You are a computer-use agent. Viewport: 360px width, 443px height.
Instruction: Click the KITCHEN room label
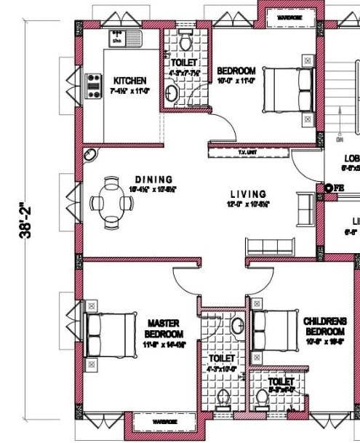coord(130,80)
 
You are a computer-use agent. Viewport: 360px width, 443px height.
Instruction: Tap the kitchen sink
coord(116,37)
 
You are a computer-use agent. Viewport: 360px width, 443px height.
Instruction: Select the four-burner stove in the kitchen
coord(93,86)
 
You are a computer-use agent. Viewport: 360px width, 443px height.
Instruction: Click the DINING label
coord(153,180)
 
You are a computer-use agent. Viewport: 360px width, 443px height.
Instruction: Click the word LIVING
coord(249,194)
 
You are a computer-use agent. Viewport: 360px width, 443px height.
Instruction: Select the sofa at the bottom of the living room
coord(270,244)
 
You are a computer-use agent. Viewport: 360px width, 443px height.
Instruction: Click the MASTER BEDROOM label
coord(164,328)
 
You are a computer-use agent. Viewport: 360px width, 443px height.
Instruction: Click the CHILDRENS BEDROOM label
coord(325,326)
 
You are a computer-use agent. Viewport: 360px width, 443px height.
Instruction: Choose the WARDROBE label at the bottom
coord(164,421)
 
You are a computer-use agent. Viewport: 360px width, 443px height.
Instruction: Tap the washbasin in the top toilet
coord(172,93)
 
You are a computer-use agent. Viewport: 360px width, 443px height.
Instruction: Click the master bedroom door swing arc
coord(185,279)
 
